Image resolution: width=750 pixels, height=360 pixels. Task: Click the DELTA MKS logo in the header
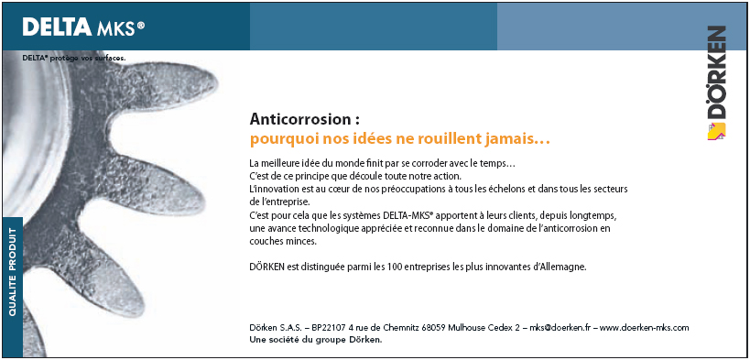83,27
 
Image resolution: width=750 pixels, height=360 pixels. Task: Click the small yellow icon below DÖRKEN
715,131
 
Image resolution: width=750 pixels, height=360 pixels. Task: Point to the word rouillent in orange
435,140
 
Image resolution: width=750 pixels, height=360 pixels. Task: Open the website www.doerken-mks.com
644,327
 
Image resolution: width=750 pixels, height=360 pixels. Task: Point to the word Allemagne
560,267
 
